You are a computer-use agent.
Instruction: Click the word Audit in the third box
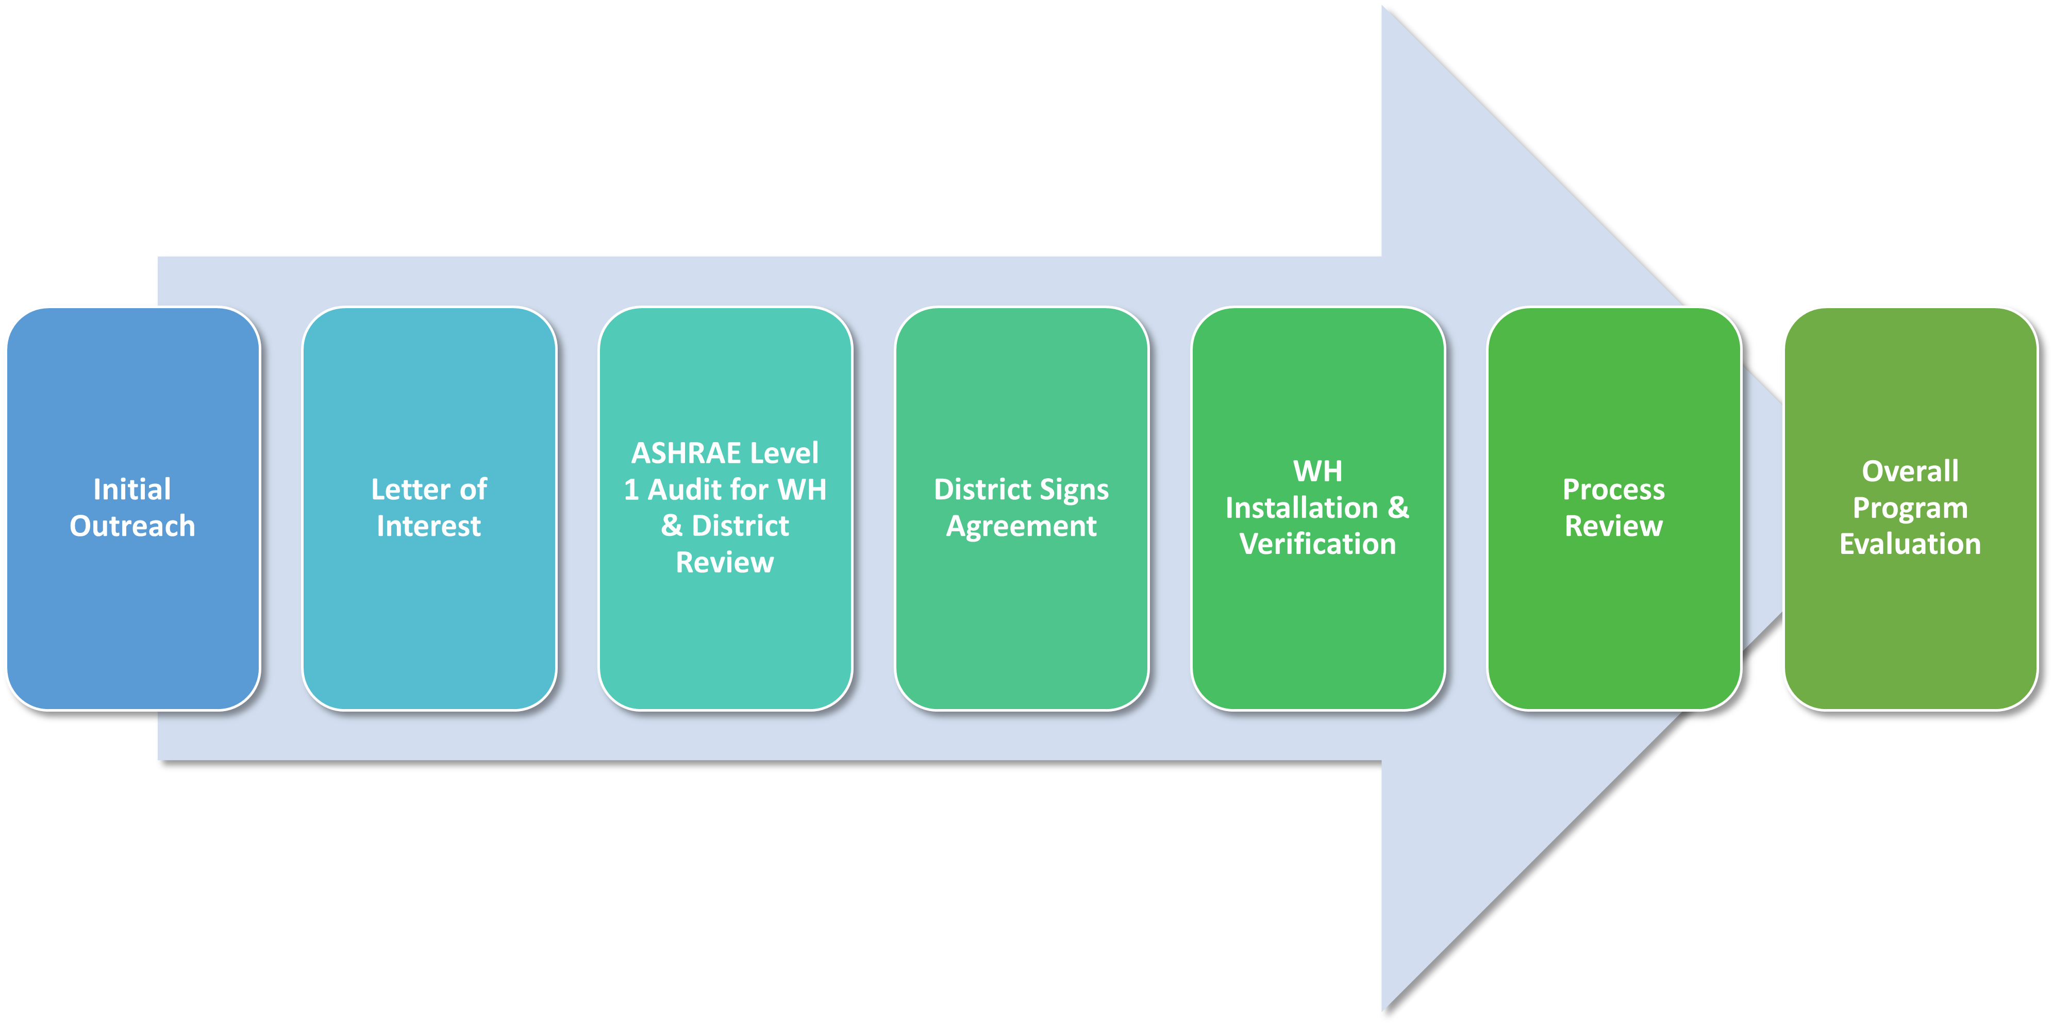[x=685, y=489]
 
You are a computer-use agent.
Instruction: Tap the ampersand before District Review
[x=671, y=526]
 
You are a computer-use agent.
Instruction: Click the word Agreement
[x=1021, y=526]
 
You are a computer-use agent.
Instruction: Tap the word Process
[x=1613, y=489]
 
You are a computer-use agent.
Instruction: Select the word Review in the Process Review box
[x=1613, y=526]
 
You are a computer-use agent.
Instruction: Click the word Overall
[x=1910, y=471]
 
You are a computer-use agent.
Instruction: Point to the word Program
[x=1910, y=508]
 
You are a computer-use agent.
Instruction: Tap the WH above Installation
[x=1317, y=471]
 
